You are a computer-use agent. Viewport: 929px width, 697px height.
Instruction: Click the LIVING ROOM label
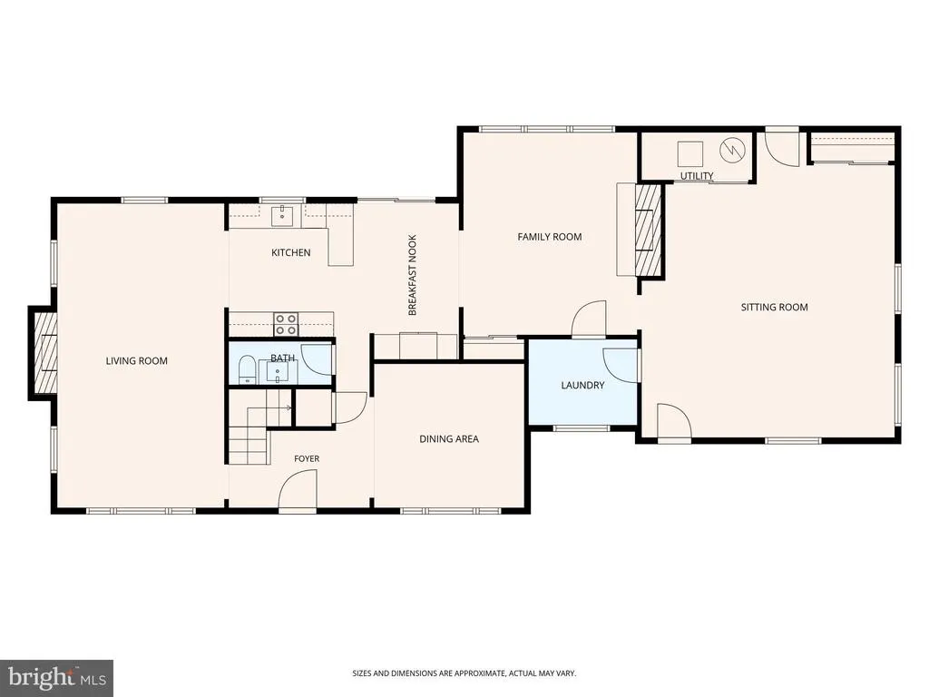[x=136, y=360]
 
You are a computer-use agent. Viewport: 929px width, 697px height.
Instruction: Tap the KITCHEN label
[x=291, y=252]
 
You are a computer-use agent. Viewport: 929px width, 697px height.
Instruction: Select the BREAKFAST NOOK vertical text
[x=413, y=275]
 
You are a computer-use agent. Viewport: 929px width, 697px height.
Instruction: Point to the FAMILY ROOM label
[x=549, y=237]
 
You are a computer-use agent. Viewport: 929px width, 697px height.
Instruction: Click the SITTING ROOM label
[x=775, y=307]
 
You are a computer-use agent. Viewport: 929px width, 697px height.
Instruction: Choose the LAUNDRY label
[x=582, y=385]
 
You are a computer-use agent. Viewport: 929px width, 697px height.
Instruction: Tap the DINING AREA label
[x=448, y=438]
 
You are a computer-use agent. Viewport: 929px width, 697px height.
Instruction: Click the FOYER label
[x=307, y=458]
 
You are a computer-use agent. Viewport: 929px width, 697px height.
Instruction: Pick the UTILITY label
[x=697, y=175]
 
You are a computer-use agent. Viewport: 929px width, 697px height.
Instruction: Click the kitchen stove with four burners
[x=286, y=324]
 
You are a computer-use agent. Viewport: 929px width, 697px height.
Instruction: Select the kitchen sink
[x=283, y=216]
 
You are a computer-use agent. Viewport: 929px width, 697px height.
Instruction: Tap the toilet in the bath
[x=247, y=370]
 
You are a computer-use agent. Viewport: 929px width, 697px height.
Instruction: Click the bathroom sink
[x=278, y=371]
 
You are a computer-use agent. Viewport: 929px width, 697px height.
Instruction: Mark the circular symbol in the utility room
[x=731, y=151]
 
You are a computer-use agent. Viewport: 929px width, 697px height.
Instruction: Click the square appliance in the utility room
[x=690, y=154]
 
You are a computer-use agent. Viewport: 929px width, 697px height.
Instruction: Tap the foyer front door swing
[x=298, y=488]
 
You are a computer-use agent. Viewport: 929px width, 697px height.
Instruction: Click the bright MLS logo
[x=57, y=678]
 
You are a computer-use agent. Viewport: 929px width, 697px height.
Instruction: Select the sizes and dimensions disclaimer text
[x=464, y=673]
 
